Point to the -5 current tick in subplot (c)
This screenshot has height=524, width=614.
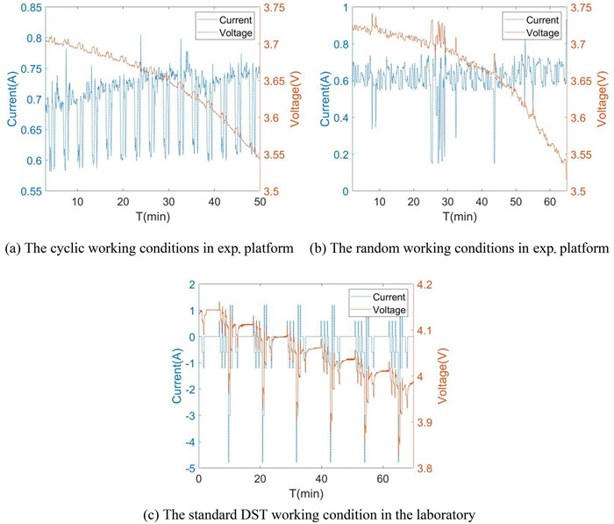pyautogui.click(x=188, y=469)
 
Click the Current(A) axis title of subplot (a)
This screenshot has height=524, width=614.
pyautogui.click(x=9, y=99)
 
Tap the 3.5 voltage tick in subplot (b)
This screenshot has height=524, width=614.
pyautogui.click(x=579, y=190)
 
